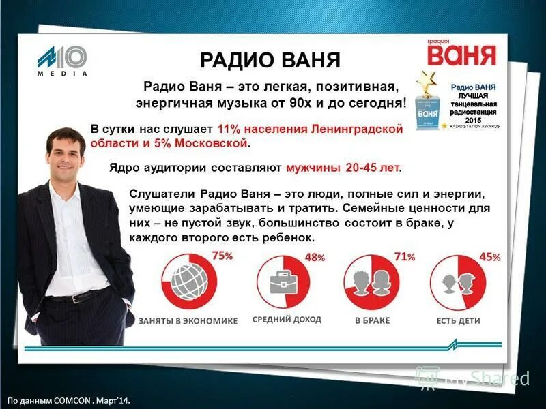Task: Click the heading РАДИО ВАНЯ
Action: point(270,59)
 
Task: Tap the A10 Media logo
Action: point(62,60)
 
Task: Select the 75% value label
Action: point(222,256)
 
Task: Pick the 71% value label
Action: point(404,256)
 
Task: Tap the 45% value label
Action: point(490,257)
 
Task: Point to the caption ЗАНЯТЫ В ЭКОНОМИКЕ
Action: point(188,320)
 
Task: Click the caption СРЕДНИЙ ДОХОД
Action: point(287,319)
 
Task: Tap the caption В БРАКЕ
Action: point(373,320)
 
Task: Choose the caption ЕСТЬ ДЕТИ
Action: point(459,320)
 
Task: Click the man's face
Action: point(67,155)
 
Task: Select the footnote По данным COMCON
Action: point(68,401)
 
